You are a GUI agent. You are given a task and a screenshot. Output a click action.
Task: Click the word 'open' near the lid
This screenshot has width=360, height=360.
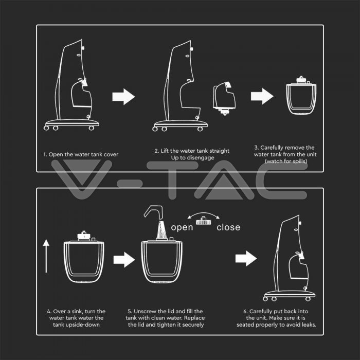[x=182, y=227]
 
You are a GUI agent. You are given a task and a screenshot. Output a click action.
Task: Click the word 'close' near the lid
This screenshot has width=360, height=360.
[x=228, y=227]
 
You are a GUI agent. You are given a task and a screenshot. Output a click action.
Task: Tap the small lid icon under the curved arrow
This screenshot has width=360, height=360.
[x=204, y=221]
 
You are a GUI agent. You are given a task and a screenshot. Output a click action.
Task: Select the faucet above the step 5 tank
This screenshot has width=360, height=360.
[x=153, y=212]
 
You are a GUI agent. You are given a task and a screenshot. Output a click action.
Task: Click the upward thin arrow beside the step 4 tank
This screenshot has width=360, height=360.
[x=46, y=256]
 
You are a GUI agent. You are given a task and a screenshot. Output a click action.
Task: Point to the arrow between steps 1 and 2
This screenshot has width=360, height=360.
[x=123, y=97]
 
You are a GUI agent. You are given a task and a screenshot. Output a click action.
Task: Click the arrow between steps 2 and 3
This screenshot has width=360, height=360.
[x=262, y=96]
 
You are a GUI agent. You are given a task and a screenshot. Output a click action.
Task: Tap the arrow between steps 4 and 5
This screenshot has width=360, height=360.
[x=124, y=260]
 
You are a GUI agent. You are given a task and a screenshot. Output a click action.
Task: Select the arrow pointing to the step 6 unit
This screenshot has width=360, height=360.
[x=246, y=259]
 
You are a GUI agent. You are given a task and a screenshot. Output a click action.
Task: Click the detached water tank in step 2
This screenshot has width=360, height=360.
[x=224, y=98]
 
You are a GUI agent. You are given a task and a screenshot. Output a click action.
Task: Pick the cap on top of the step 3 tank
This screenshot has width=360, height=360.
[x=301, y=80]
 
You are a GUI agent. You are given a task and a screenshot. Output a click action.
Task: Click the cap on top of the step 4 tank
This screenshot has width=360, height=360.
[x=83, y=236]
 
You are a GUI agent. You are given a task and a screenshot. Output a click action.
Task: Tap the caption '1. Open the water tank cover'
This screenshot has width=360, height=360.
[x=81, y=154]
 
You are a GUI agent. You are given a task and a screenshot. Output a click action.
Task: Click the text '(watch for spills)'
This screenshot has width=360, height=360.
[x=286, y=161]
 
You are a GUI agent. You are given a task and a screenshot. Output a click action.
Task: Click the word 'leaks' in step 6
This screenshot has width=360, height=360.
[x=309, y=325]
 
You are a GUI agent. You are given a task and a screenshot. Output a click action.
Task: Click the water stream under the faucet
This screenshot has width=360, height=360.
[x=162, y=230]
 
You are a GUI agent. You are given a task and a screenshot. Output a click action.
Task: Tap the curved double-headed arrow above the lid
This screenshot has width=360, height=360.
[x=204, y=215]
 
